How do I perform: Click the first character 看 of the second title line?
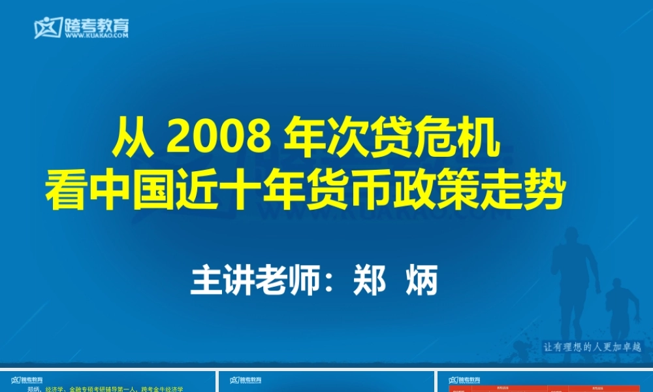pos(65,191)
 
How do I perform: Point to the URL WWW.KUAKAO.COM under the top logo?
pos(96,37)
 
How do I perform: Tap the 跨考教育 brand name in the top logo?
pos(96,25)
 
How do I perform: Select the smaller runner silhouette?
pos(619,307)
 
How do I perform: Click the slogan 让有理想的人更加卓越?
pos(593,348)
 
